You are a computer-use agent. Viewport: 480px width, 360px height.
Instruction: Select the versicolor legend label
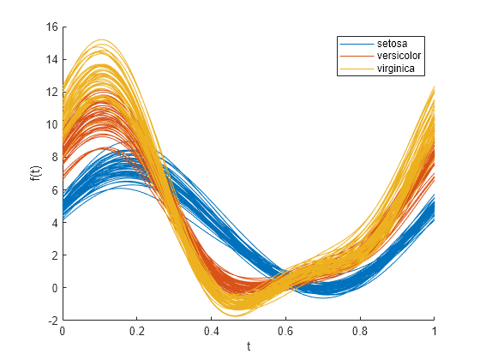pos(398,56)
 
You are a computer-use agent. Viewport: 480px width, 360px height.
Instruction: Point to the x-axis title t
pos(249,347)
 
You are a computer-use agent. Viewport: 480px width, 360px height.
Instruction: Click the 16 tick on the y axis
pos(51,27)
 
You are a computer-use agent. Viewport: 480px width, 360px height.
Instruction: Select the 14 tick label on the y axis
pos(51,60)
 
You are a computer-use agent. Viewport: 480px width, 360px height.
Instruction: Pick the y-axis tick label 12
pos(51,93)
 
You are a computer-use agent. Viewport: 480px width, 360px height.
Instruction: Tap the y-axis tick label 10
pos(51,125)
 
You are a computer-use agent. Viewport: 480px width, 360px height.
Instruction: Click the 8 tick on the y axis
pos(54,158)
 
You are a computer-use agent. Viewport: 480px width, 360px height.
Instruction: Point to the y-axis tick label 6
pos(54,190)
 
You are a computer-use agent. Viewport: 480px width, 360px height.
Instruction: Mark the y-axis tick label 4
pos(54,223)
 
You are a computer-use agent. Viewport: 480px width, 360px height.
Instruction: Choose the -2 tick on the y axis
pos(52,321)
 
